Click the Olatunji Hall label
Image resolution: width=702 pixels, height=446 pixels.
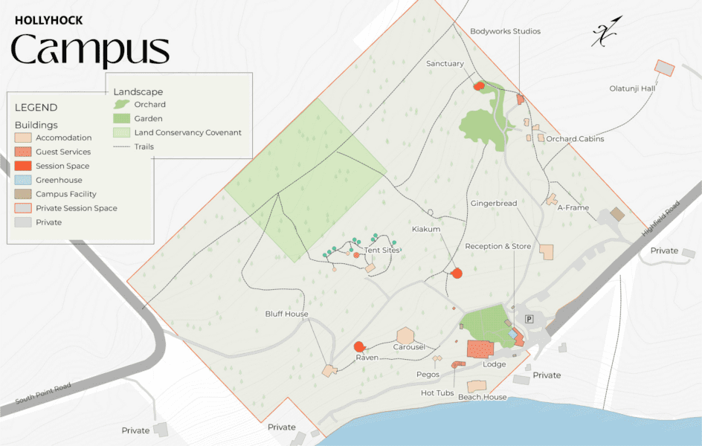(x=632, y=88)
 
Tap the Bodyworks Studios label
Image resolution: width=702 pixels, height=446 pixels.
(x=505, y=31)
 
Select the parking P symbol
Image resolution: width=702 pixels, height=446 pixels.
(x=530, y=319)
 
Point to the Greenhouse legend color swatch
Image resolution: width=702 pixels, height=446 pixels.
(x=22, y=180)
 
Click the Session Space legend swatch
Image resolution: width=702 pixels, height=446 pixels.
(x=22, y=166)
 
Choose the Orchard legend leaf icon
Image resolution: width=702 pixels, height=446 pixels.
(x=120, y=105)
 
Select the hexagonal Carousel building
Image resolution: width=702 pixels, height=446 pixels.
(x=405, y=336)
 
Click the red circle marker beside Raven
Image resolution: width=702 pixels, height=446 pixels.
(x=359, y=346)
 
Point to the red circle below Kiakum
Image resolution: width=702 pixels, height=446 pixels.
(x=457, y=274)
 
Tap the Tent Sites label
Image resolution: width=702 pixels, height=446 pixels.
(x=382, y=251)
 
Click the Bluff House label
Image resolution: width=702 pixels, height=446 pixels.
(x=286, y=314)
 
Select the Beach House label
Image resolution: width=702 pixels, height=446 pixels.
(x=482, y=397)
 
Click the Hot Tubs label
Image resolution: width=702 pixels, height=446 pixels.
(x=437, y=392)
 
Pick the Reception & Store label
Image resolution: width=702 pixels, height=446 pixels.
(x=497, y=246)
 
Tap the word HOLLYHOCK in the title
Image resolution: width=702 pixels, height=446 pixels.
(x=49, y=21)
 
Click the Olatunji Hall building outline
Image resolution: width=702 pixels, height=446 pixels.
(x=663, y=68)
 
